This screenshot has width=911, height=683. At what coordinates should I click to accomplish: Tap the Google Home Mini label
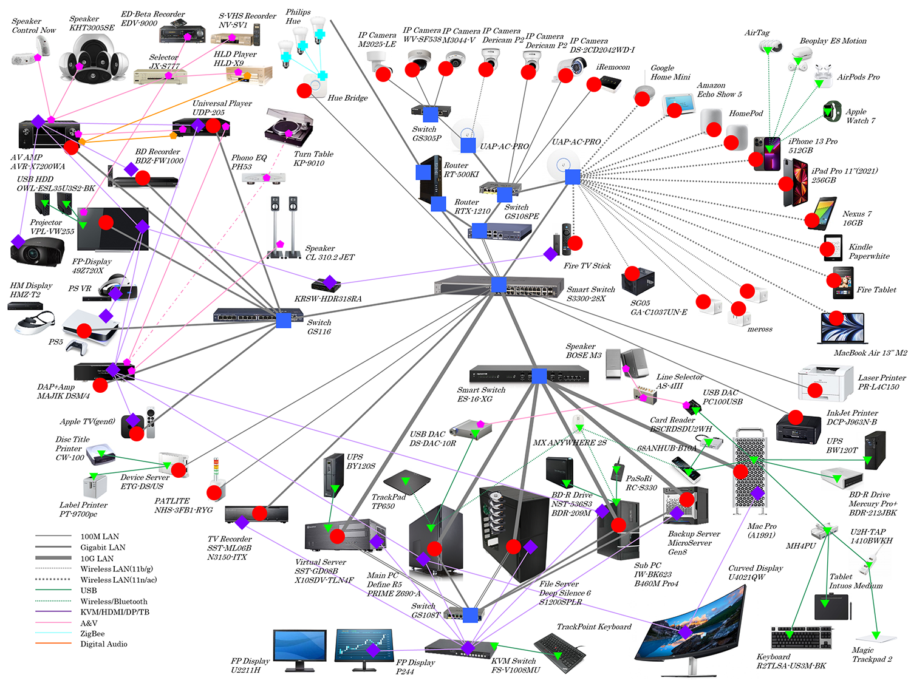(670, 73)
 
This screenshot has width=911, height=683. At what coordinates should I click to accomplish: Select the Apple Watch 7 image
(831, 111)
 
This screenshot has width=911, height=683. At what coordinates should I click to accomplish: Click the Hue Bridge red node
(304, 90)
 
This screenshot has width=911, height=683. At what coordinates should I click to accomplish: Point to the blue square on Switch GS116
(284, 320)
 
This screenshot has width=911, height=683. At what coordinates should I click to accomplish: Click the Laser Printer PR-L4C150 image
(825, 382)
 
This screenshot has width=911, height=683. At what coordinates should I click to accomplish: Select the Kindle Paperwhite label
(868, 251)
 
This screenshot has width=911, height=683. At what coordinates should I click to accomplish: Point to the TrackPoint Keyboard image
(560, 653)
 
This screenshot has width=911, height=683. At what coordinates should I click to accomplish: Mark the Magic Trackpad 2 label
(872, 654)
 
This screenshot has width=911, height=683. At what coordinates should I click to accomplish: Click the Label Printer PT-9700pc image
(95, 486)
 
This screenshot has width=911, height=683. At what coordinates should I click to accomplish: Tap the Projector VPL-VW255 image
(38, 250)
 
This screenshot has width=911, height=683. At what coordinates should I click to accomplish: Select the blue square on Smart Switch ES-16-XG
(539, 376)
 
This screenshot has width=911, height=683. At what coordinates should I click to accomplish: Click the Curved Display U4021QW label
(756, 573)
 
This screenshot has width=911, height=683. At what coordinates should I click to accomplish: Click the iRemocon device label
(613, 67)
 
